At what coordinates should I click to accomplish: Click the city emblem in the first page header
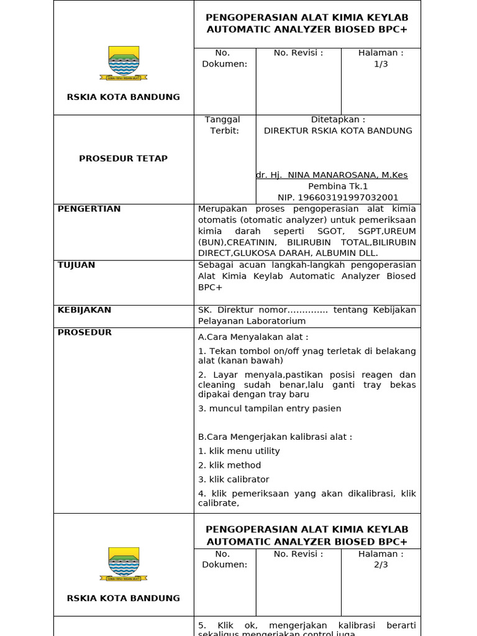(x=124, y=63)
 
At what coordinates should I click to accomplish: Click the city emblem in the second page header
(x=124, y=564)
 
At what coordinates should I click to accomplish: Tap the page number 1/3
(x=381, y=64)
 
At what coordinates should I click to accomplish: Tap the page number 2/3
(x=381, y=565)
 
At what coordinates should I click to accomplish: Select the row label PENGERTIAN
(x=89, y=209)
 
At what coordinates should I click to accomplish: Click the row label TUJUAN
(x=76, y=265)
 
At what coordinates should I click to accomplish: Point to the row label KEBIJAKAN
(x=84, y=309)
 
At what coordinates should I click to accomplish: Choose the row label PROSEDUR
(x=84, y=332)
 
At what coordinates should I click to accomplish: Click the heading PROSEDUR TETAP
(x=123, y=158)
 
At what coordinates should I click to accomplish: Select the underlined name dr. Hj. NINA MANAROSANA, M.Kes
(x=332, y=175)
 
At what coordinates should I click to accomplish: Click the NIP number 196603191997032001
(x=338, y=198)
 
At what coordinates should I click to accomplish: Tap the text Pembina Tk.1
(x=338, y=186)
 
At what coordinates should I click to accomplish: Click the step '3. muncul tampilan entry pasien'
(x=270, y=408)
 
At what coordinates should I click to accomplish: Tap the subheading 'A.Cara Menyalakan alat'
(x=253, y=337)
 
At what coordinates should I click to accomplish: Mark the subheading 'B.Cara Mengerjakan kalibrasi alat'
(x=275, y=437)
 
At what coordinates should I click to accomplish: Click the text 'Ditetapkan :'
(x=338, y=119)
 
